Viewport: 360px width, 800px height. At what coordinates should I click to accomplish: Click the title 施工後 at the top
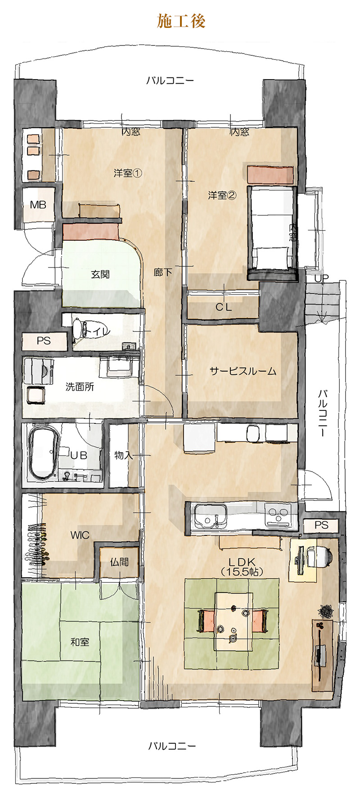181,21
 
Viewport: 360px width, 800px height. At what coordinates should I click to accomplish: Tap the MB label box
38,205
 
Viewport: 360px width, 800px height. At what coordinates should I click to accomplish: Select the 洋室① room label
128,173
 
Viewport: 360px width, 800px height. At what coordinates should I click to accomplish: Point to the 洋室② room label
222,195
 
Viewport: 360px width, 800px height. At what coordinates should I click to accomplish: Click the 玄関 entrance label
100,274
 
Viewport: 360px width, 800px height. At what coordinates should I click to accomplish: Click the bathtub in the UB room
43,452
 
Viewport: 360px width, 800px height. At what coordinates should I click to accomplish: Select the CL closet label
224,307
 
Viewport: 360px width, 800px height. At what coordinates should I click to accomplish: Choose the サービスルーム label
243,371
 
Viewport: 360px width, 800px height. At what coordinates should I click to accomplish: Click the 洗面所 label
80,387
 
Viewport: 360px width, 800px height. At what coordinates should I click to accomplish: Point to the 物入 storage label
123,455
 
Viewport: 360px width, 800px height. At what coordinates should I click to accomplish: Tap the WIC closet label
80,535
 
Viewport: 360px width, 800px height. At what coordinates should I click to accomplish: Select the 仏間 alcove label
119,562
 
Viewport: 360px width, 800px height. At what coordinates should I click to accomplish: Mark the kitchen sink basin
210,515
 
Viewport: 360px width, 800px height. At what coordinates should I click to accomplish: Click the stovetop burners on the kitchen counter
278,515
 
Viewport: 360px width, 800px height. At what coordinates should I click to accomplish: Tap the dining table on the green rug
234,621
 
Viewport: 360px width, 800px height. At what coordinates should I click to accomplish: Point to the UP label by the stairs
321,279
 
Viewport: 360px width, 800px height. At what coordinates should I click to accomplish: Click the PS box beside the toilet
44,341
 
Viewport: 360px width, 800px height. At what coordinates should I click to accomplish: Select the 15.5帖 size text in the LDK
242,572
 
